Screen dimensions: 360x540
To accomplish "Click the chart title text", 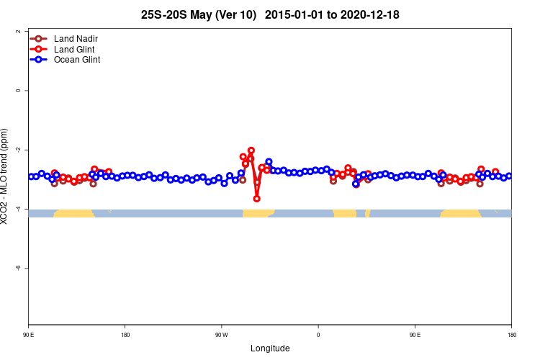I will coord(270,14).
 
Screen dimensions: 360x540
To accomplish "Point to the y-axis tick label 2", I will coord(17,32).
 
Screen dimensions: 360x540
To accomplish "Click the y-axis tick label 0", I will coord(17,91).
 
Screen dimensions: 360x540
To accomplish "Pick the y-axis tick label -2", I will coord(17,150).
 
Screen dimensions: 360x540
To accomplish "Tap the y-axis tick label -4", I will coord(17,209).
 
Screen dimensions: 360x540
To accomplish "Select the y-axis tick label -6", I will coord(17,268).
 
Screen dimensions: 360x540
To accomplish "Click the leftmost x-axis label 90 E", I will coord(28,335).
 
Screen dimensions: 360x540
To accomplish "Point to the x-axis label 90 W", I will coord(221,335).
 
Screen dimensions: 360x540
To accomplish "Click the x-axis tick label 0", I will coord(318,335).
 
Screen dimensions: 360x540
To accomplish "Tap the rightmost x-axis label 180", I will coord(511,335).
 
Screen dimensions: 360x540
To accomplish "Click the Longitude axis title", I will coord(270,348).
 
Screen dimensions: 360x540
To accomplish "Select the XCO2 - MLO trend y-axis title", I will coord(6,176).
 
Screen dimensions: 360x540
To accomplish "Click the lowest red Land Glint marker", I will coord(257,199).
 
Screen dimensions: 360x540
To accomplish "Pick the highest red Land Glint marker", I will coord(251,150).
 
